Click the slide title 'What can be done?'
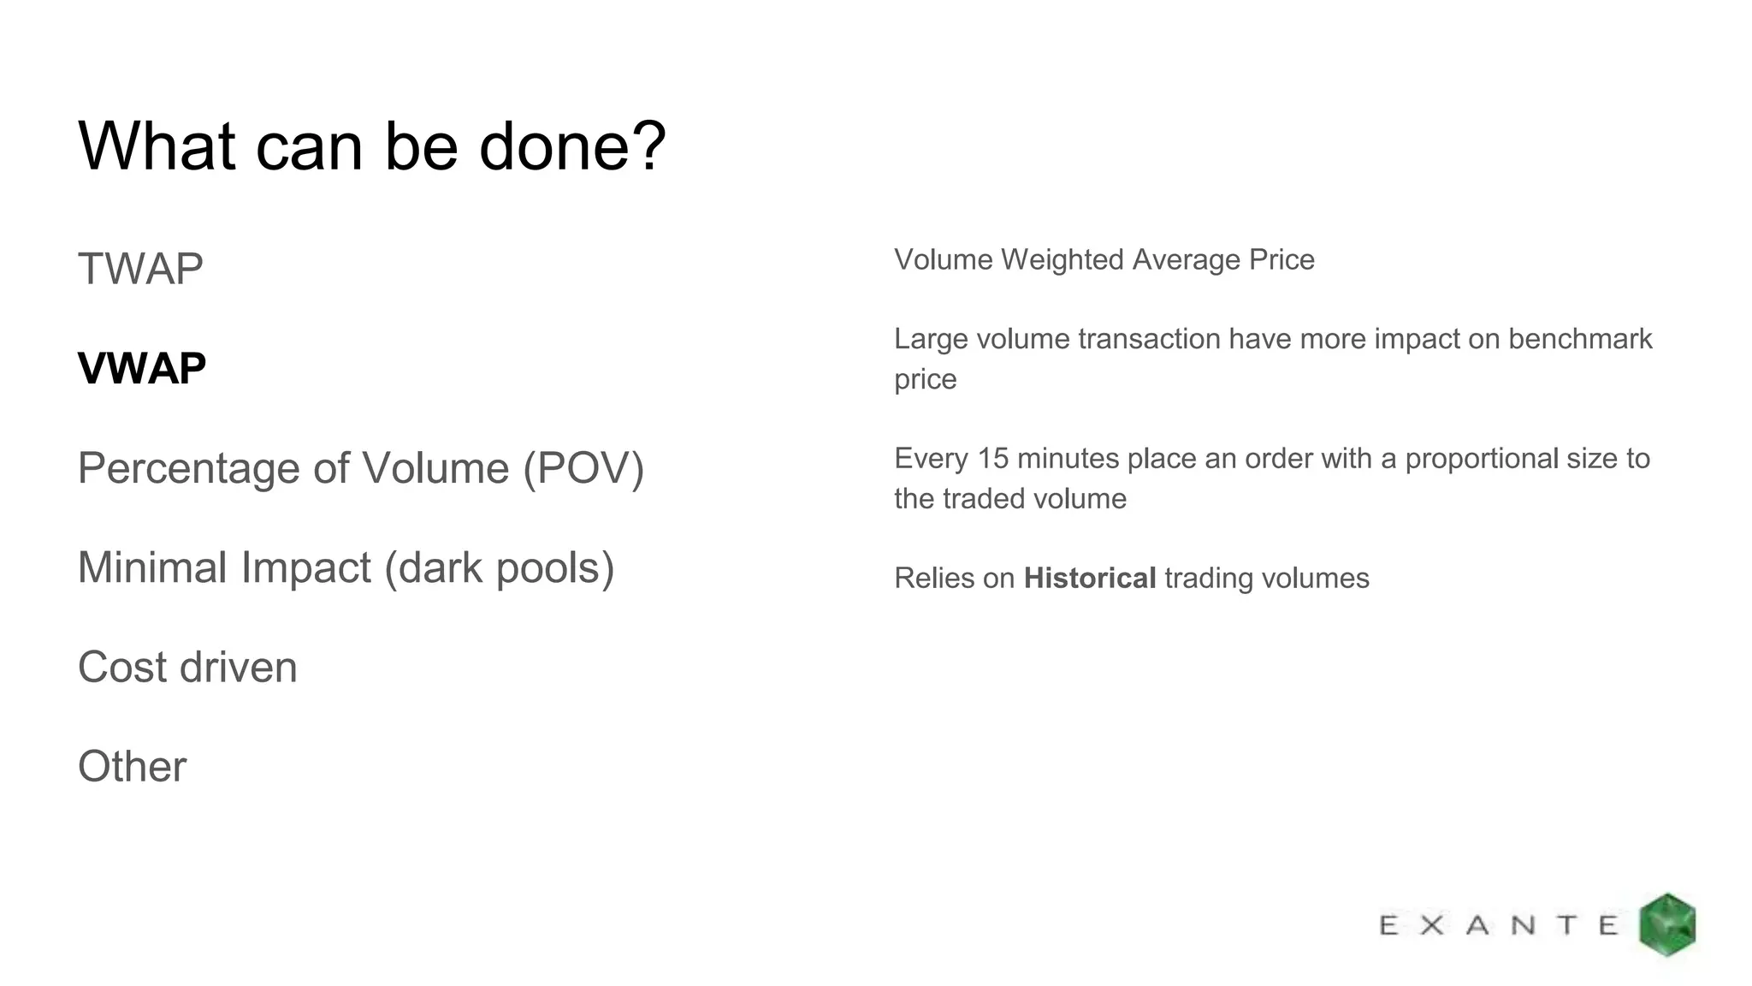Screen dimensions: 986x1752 pos(371,146)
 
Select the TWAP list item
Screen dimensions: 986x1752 pos(140,269)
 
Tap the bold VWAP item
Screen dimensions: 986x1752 pos(142,369)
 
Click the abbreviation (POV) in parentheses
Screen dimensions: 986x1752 pos(583,468)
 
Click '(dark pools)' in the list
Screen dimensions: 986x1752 pos(500,567)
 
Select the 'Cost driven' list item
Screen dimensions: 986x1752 pos(187,668)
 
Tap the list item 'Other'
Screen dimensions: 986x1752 pos(132,767)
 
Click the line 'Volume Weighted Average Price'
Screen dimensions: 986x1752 pos(1104,259)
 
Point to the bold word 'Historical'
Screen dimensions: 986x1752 pos(1090,579)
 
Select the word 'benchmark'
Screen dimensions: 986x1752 pos(1580,339)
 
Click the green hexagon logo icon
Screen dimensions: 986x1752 pos(1666,924)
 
